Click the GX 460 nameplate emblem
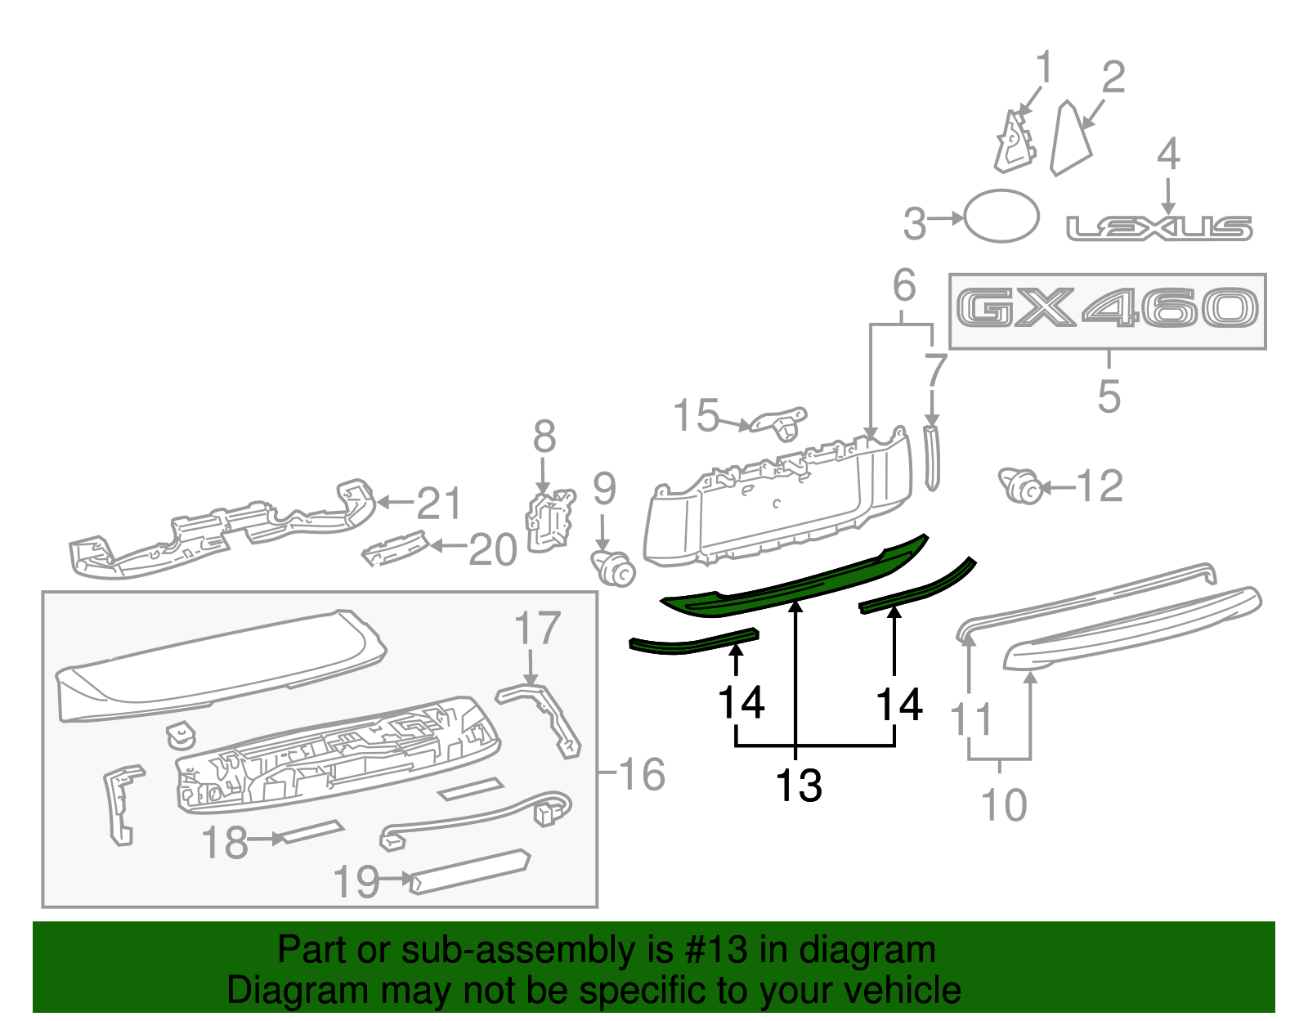click(1107, 310)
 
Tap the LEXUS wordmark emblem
click(1159, 228)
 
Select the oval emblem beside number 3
click(1001, 216)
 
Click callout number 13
click(798, 786)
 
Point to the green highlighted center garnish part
click(793, 580)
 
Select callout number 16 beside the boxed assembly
click(643, 774)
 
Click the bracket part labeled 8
click(549, 517)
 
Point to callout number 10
click(1003, 805)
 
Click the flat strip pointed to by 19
click(470, 871)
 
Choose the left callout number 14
click(741, 702)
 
